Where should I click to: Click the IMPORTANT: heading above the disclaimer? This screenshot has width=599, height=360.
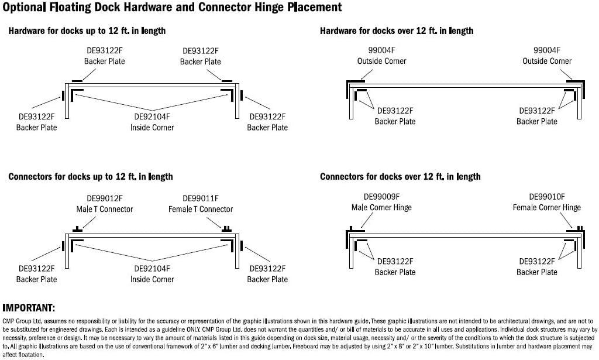click(29, 308)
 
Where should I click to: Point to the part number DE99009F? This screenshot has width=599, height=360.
click(381, 197)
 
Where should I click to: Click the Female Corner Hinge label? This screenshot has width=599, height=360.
click(546, 208)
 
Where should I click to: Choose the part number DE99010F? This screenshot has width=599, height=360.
click(546, 197)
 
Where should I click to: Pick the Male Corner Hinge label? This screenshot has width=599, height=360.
click(381, 208)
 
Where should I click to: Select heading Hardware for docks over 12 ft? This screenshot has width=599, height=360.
click(397, 30)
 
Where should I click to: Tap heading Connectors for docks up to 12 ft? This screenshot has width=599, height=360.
click(91, 176)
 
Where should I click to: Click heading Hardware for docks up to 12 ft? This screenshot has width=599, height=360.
click(87, 30)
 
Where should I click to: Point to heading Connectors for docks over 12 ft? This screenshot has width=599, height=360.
click(400, 176)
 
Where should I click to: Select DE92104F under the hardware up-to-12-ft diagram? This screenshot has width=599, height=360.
click(152, 116)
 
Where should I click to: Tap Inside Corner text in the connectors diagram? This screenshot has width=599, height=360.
click(152, 279)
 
